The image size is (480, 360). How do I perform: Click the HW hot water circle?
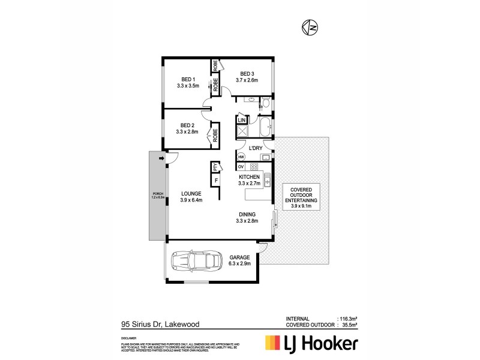pos(241,157)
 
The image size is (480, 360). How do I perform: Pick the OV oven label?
pos(241,166)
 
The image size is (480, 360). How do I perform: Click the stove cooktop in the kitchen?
pos(254,166)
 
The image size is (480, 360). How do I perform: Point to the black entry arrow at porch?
pos(161,158)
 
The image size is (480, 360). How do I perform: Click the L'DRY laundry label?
pos(257,148)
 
